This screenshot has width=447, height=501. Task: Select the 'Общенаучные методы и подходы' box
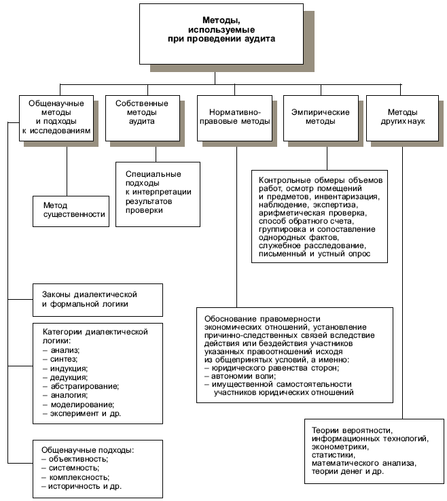click(56, 119)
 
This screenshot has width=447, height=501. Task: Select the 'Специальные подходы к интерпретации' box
click(158, 192)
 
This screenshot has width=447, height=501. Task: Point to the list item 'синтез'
click(62, 358)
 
